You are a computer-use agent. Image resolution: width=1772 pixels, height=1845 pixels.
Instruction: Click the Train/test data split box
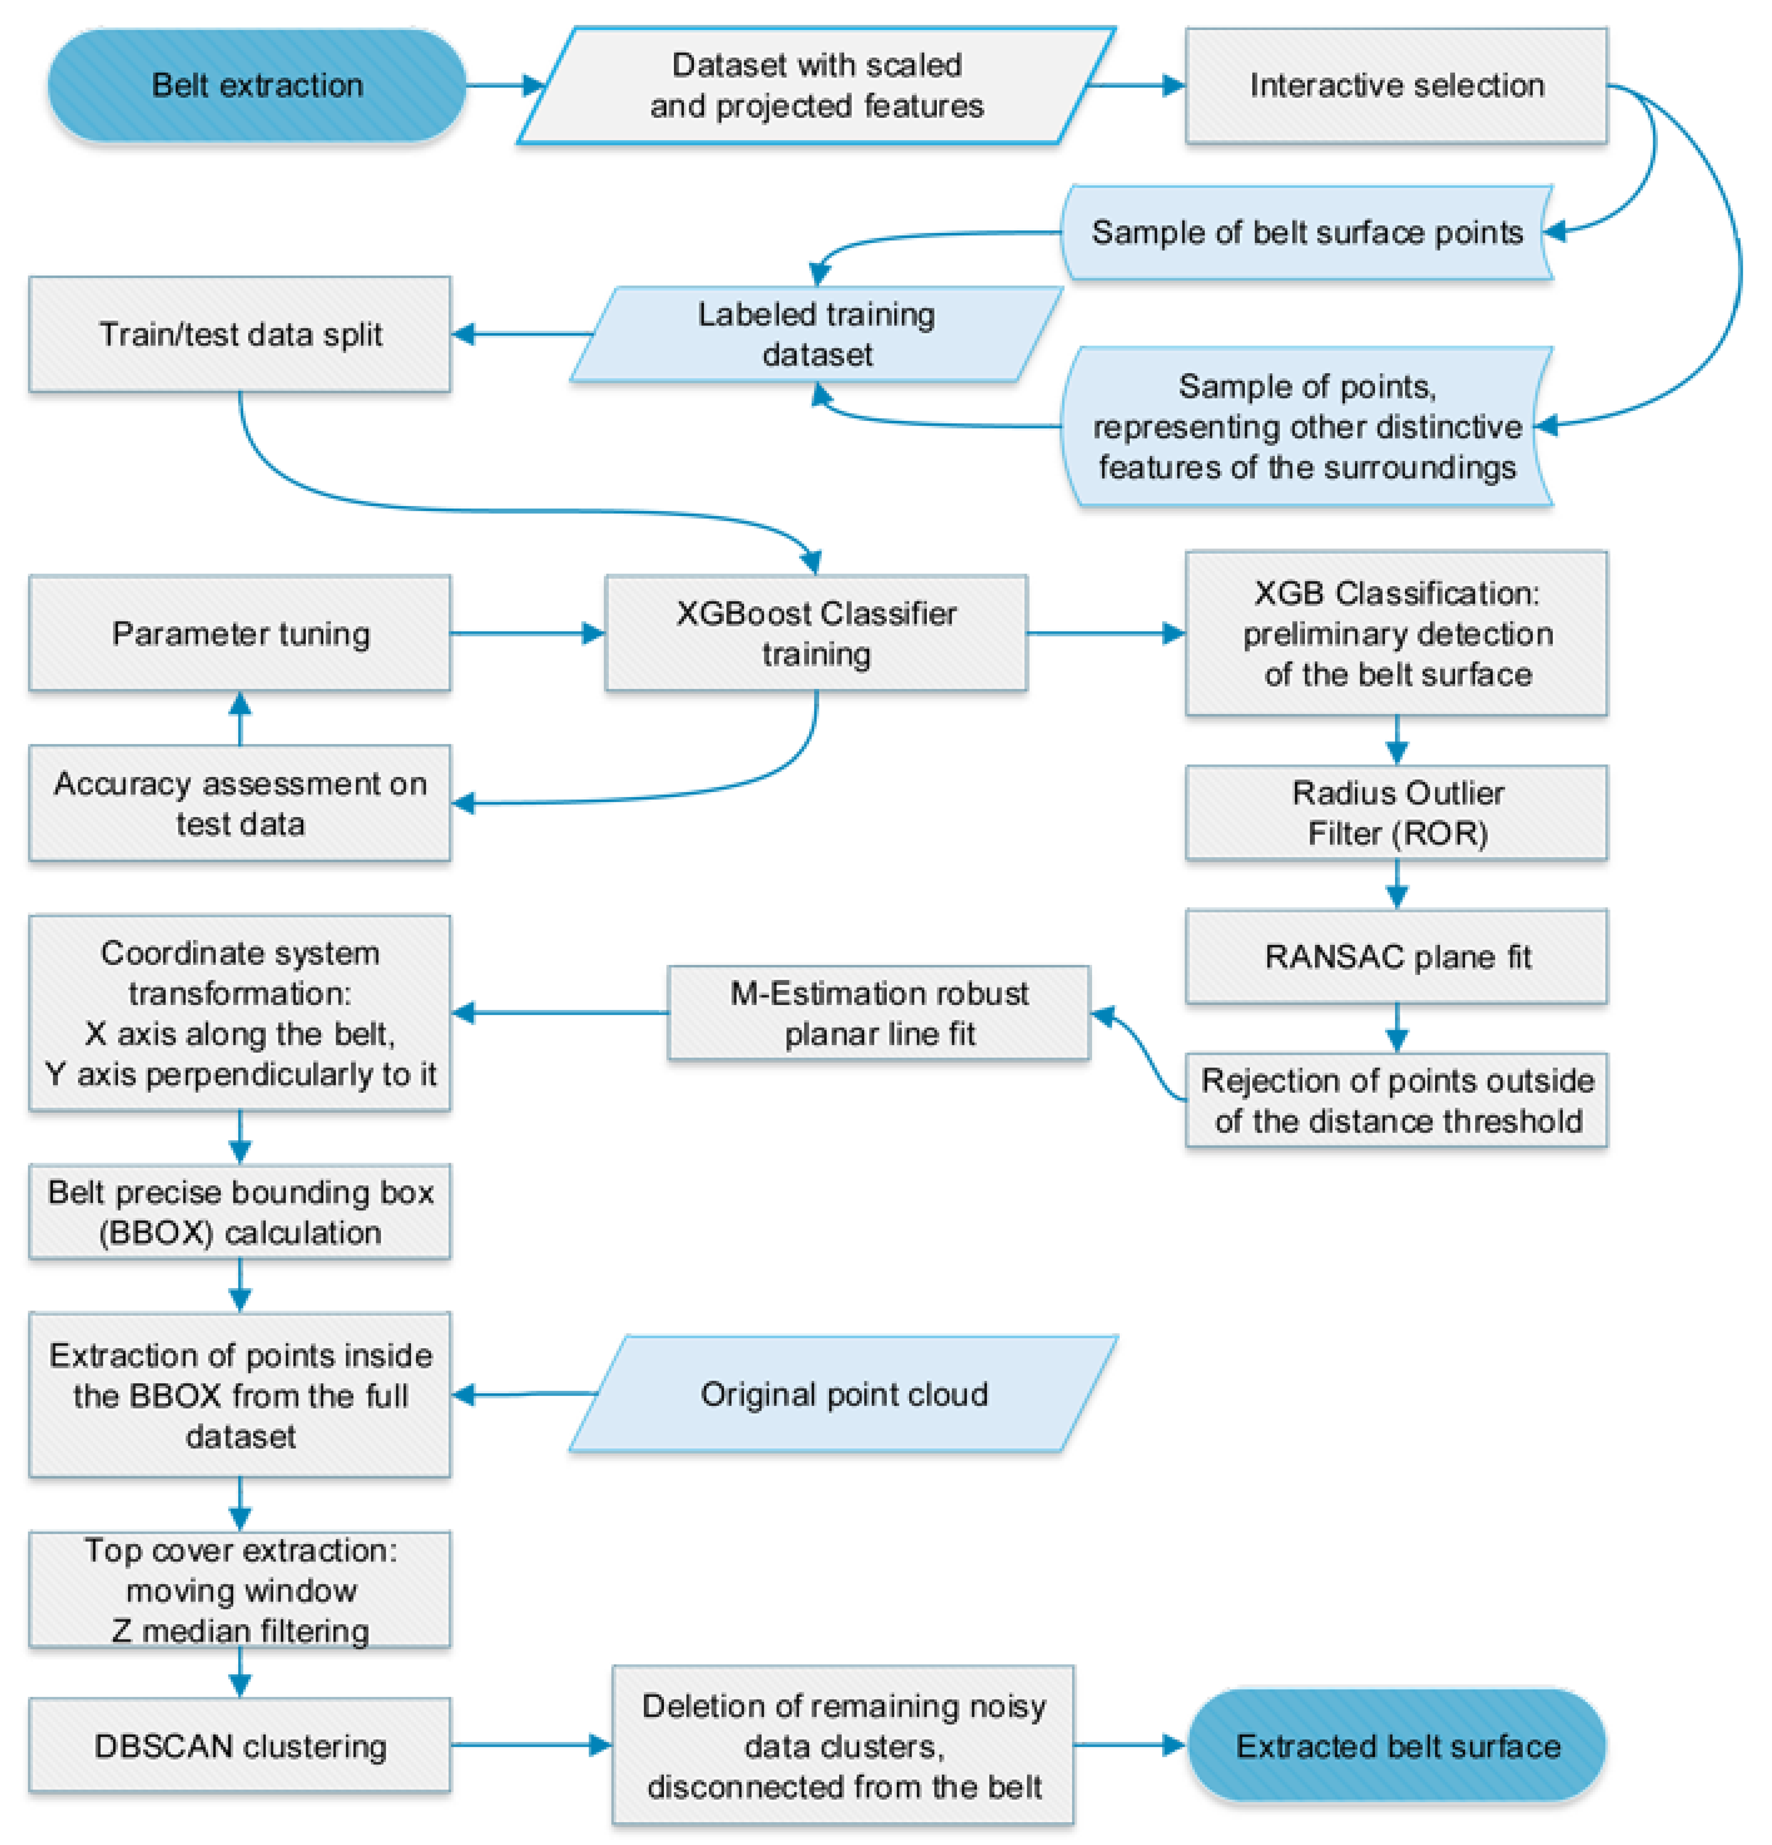point(240,334)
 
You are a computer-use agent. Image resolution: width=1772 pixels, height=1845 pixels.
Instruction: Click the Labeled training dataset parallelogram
point(816,334)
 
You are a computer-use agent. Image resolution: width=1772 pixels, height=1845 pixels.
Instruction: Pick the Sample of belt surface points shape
point(1306,231)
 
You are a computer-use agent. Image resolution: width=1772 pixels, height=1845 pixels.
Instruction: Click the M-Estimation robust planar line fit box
point(879,1013)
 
